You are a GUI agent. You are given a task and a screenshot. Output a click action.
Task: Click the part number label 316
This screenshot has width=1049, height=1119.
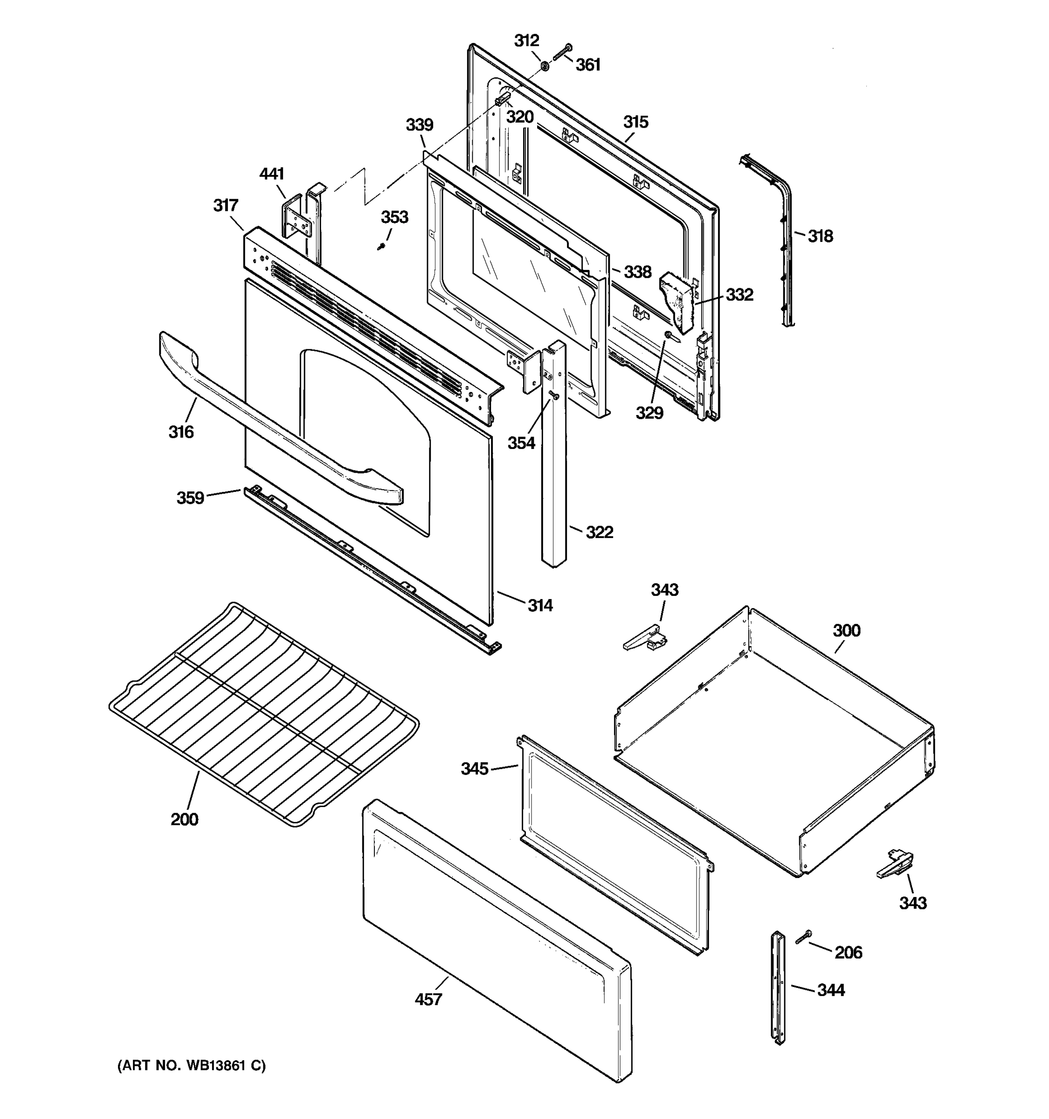[180, 432]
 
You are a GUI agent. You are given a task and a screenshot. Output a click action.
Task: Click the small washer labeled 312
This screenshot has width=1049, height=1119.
[545, 67]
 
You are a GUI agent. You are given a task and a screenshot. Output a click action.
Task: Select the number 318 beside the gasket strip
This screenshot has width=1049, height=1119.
[820, 236]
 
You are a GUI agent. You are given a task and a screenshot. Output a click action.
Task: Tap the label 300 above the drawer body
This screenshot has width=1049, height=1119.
[846, 630]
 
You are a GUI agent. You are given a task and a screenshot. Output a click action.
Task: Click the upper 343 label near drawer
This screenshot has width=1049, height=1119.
[665, 590]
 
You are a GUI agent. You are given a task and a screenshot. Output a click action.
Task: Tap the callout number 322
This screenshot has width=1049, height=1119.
[600, 532]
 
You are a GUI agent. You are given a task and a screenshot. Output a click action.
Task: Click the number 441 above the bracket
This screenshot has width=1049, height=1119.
[271, 174]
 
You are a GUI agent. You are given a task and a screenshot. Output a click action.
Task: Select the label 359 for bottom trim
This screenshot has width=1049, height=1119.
[190, 497]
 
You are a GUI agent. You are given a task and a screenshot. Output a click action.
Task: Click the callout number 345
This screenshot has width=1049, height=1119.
[475, 768]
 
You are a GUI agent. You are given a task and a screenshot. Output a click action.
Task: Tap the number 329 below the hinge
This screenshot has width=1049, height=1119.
[649, 413]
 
